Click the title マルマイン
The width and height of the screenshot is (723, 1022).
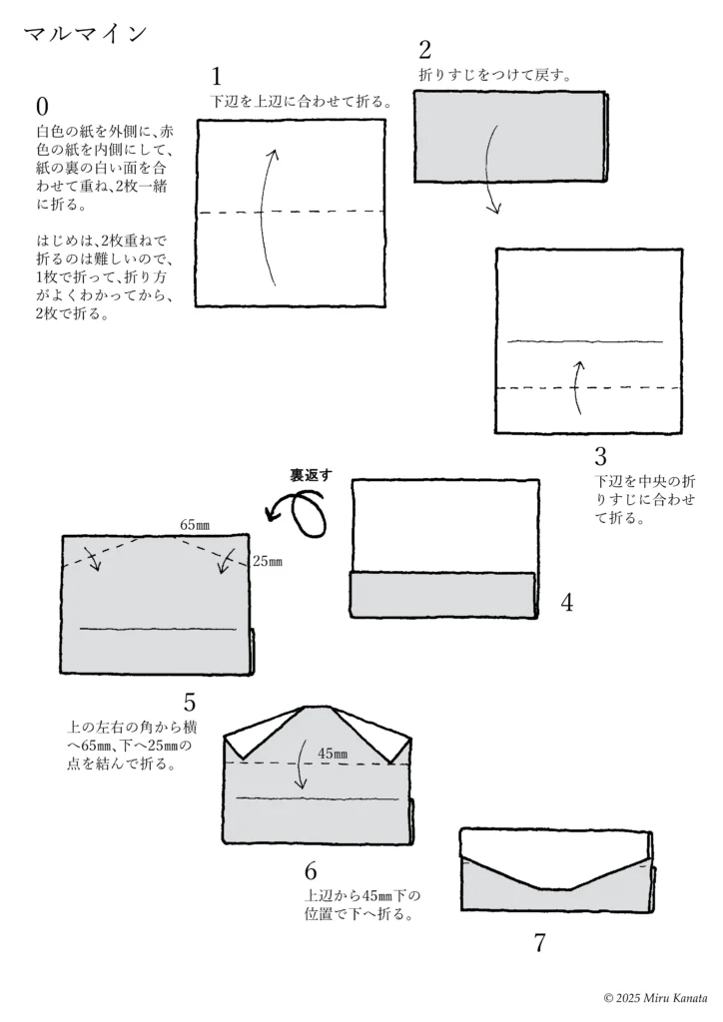(86, 34)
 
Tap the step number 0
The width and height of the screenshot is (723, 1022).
(42, 106)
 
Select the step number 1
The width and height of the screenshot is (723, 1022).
(217, 77)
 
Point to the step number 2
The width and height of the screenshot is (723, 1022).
(425, 50)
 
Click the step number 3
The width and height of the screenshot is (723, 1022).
(600, 455)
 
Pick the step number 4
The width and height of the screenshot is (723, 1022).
(567, 603)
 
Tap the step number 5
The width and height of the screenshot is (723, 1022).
(189, 703)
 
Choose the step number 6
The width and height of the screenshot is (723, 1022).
(311, 870)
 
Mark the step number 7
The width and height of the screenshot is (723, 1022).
(539, 942)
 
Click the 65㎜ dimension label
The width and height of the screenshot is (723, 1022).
(195, 525)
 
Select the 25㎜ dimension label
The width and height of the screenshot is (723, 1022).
(268, 561)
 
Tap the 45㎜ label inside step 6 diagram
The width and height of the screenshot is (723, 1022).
(333, 754)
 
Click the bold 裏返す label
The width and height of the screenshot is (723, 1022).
(311, 475)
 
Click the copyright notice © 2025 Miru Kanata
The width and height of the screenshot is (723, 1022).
(656, 998)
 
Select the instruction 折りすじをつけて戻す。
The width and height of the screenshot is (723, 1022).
(495, 75)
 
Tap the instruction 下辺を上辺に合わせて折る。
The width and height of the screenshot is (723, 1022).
(302, 102)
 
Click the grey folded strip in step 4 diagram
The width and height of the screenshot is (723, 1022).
(443, 595)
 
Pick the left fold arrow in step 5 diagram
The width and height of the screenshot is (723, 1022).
(91, 558)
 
